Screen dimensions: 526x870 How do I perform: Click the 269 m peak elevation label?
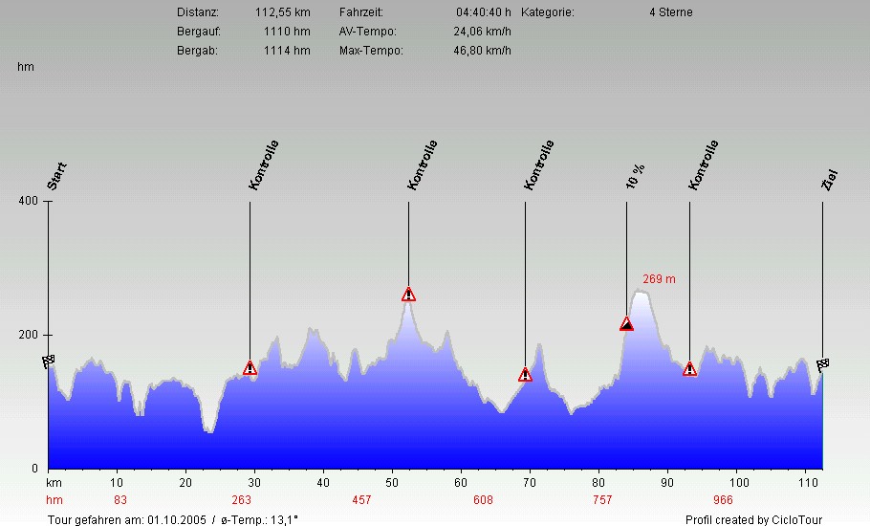click(x=659, y=279)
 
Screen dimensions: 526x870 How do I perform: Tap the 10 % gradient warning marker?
click(x=626, y=324)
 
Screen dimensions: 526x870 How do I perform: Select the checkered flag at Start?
click(x=49, y=362)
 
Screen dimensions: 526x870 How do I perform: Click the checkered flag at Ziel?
click(x=822, y=363)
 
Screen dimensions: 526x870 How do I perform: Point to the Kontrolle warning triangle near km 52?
click(x=408, y=295)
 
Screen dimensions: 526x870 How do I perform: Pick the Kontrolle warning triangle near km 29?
click(x=250, y=368)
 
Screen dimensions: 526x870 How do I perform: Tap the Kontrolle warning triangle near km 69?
click(x=525, y=375)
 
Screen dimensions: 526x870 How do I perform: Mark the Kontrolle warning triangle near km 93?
click(x=689, y=369)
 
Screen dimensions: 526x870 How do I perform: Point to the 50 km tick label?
click(x=392, y=483)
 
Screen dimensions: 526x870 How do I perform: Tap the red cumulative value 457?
click(x=361, y=500)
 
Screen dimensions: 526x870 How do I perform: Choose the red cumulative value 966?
click(x=723, y=500)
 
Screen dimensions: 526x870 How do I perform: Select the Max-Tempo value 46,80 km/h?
click(x=482, y=50)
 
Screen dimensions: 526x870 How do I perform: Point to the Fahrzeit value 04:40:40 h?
click(x=484, y=12)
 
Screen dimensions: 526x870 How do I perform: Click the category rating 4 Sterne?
click(x=670, y=12)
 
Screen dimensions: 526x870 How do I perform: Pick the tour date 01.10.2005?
click(x=173, y=519)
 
